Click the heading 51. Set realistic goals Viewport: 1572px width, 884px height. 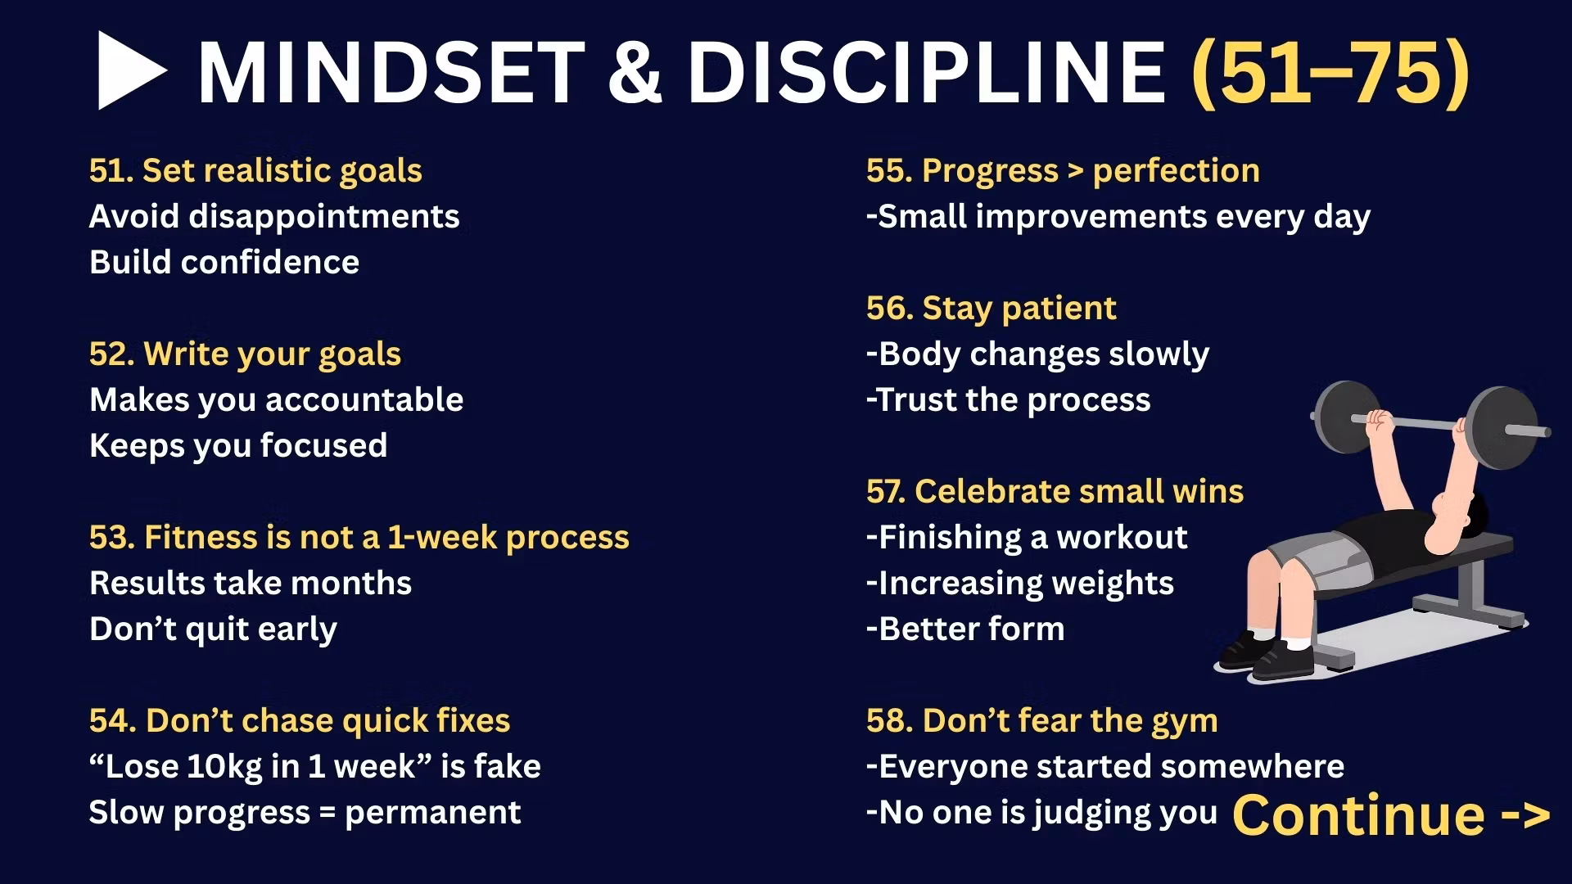click(255, 170)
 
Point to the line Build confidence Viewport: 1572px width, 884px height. click(224, 262)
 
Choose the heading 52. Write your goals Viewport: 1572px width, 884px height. click(245, 354)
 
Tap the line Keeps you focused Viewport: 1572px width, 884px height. click(238, 446)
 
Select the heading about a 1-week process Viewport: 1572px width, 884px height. click(359, 538)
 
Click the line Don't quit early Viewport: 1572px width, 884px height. click(213, 629)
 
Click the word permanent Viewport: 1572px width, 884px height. click(432, 813)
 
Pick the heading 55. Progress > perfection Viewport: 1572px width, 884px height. click(1063, 170)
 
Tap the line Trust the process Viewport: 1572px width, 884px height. click(1009, 400)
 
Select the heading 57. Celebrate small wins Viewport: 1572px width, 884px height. click(1055, 491)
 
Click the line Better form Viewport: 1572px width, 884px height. click(966, 629)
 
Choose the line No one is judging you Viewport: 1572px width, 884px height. click(1042, 813)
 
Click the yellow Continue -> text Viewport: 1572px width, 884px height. click(1391, 815)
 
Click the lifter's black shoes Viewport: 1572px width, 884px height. click(1266, 655)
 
